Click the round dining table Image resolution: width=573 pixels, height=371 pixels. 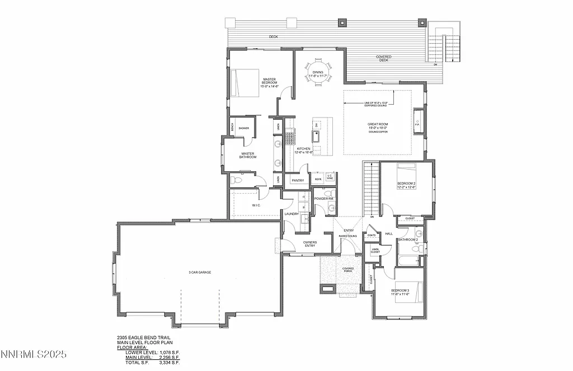coord(318,72)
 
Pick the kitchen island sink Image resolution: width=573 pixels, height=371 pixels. coord(316,134)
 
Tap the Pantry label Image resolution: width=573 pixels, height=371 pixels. coord(298,180)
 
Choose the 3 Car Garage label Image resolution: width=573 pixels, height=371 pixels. coord(199,273)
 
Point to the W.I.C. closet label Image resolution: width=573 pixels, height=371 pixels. coord(256,205)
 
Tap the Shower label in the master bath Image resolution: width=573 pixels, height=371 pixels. coord(243,128)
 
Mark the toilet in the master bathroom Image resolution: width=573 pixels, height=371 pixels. coord(236,181)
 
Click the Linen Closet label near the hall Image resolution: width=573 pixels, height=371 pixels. coord(375,251)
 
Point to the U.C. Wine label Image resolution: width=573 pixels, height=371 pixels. coord(330,177)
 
